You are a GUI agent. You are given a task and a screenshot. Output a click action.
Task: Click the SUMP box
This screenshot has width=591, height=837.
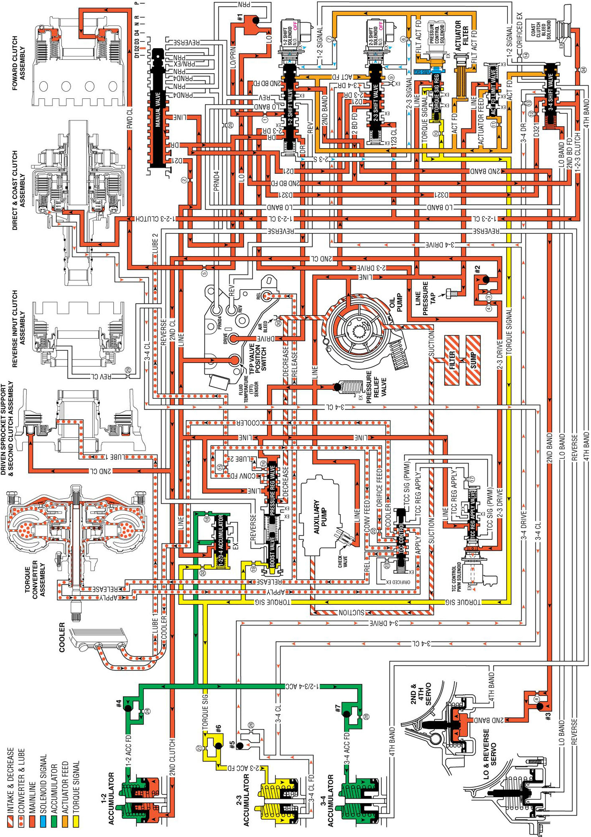coord(473,359)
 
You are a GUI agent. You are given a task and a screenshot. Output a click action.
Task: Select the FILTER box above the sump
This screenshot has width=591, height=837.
coord(452,359)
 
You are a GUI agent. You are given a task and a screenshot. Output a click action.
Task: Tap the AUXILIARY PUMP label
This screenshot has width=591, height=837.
coord(319,516)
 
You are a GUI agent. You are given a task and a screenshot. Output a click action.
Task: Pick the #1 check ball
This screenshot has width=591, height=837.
coord(255,20)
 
